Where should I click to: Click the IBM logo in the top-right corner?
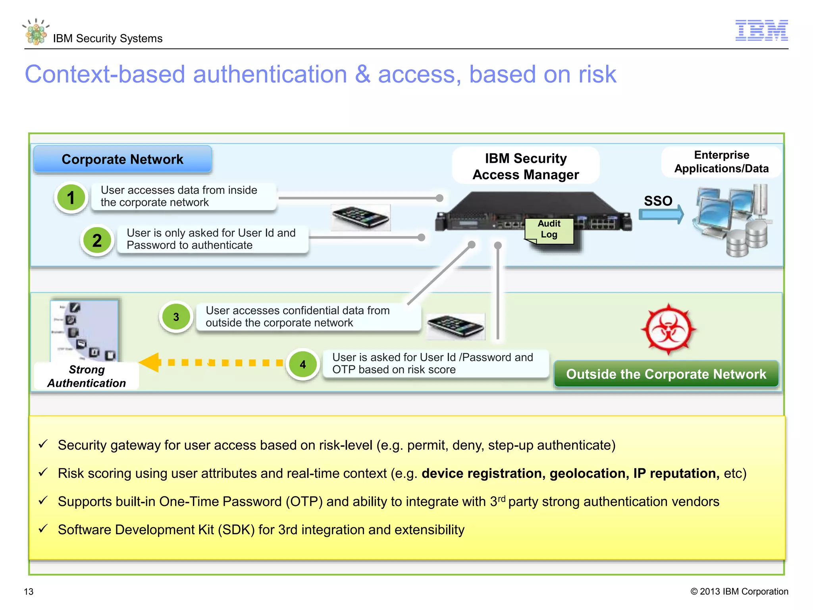pyautogui.click(x=761, y=30)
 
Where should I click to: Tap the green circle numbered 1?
pyautogui.click(x=71, y=198)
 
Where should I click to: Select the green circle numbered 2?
pyautogui.click(x=97, y=240)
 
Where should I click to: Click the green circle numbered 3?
pyautogui.click(x=176, y=317)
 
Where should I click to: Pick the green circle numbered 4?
pyautogui.click(x=303, y=364)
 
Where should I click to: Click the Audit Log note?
pyautogui.click(x=549, y=230)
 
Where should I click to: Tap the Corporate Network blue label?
pyautogui.click(x=123, y=159)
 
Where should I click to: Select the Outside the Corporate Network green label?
pyautogui.click(x=666, y=374)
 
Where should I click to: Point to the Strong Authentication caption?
pyautogui.click(x=87, y=376)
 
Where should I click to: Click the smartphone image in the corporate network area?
pyautogui.click(x=360, y=218)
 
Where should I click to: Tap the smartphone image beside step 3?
pyautogui.click(x=456, y=326)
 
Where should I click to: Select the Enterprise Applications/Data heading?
pyautogui.click(x=721, y=162)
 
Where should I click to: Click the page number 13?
pyautogui.click(x=29, y=591)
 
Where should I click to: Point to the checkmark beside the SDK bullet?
pyautogui.click(x=43, y=529)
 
